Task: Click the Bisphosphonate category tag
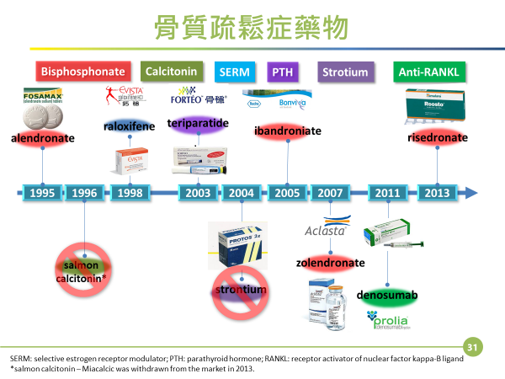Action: (82, 72)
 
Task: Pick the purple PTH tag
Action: (280, 72)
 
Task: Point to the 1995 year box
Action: (42, 193)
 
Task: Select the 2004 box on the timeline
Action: (241, 193)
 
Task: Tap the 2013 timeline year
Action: (437, 193)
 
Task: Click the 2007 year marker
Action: (330, 193)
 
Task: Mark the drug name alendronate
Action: (42, 137)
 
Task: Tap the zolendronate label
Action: (330, 263)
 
